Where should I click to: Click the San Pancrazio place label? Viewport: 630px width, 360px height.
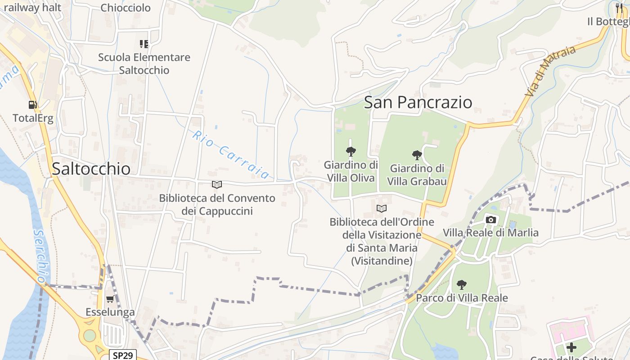coord(418,102)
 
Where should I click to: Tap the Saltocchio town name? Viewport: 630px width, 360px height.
coord(91,168)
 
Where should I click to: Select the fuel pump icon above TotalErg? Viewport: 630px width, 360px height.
coord(32,105)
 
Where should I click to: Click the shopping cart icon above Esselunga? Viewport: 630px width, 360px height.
coord(110,299)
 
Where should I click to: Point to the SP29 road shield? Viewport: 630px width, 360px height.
coord(123,355)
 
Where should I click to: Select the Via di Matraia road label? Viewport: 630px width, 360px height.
coord(550,71)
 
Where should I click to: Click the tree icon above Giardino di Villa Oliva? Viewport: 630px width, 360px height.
coord(351,151)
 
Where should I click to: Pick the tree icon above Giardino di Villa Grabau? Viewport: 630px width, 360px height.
coord(417,155)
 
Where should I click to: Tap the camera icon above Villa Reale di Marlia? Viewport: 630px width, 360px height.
coord(491,220)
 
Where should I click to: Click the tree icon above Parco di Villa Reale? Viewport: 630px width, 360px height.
coord(461,284)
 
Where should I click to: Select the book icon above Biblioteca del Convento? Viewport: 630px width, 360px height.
coord(217,184)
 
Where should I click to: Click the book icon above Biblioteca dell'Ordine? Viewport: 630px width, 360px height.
coord(382,208)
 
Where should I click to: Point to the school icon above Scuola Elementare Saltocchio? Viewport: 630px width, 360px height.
coord(144,44)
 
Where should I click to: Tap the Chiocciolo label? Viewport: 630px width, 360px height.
coord(126,8)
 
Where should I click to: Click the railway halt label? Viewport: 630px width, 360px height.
coord(32,8)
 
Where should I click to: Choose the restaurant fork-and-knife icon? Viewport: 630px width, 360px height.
coord(620,8)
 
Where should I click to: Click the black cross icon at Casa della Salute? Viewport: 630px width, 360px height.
coord(571,347)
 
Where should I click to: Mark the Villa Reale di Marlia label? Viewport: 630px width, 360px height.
coord(490,233)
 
